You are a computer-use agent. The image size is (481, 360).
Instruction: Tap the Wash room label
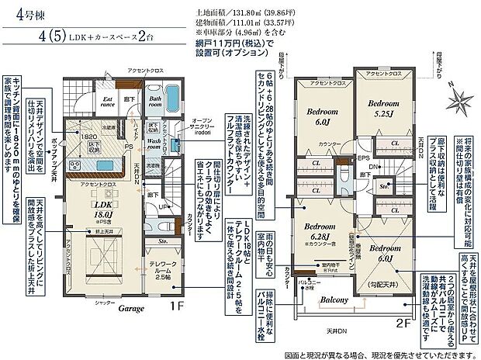153,144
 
